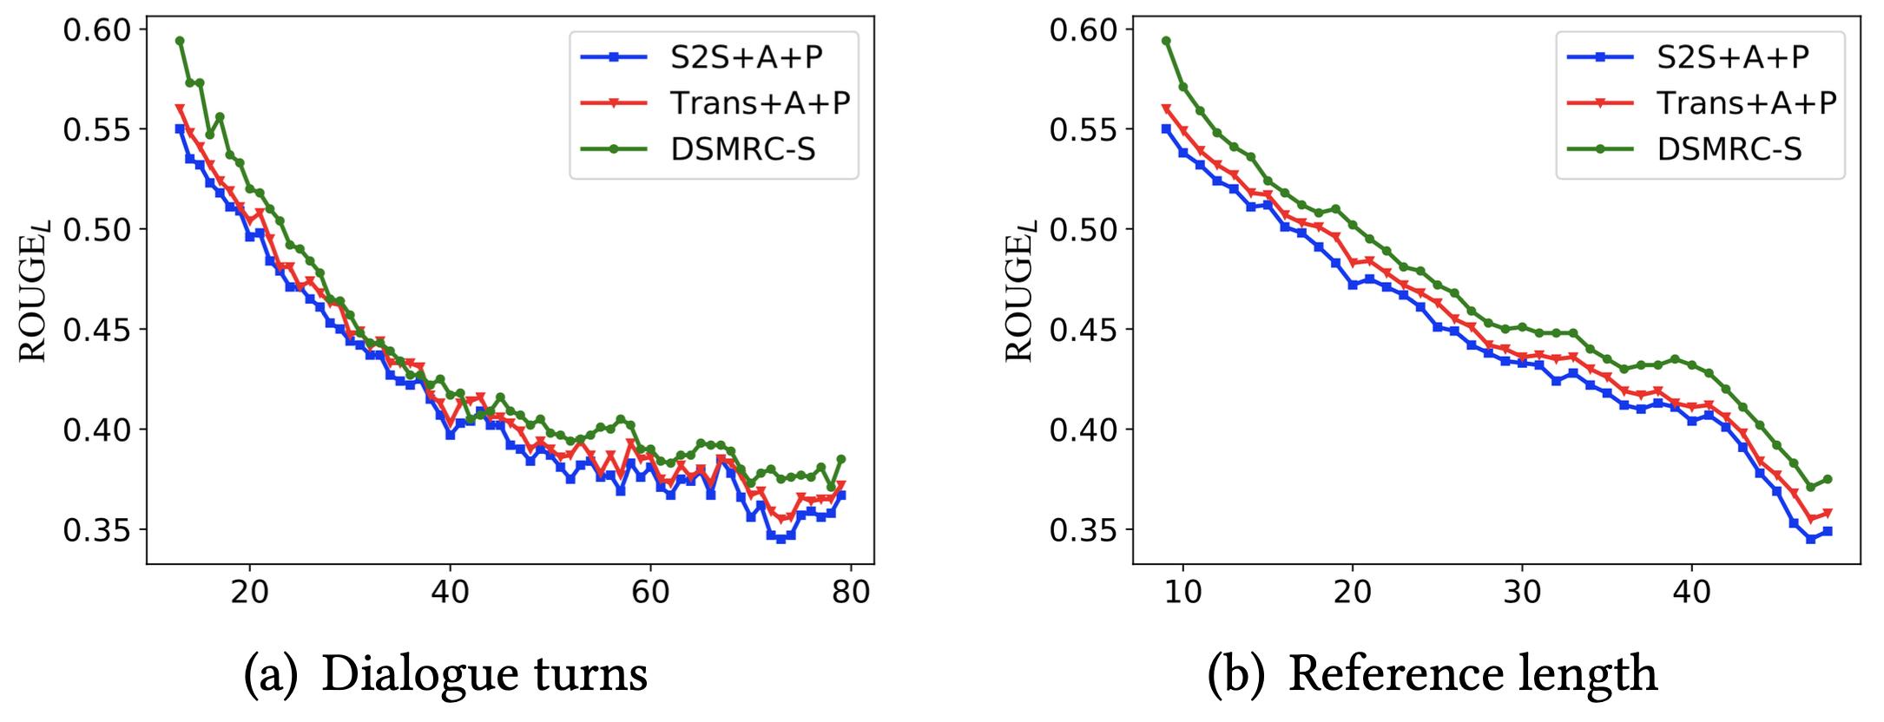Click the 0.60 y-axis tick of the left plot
99,30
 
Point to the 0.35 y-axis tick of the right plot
1085,529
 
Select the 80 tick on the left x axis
851,592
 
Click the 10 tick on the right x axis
1182,592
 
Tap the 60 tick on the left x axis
650,592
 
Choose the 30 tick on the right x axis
1522,592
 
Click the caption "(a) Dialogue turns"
445,674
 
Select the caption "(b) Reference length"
1433,674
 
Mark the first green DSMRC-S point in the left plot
180,41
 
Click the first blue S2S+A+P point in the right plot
1166,128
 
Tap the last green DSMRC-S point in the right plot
1828,479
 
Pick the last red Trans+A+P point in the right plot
1828,513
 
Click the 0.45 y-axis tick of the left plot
99,330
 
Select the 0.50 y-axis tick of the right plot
1085,230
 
